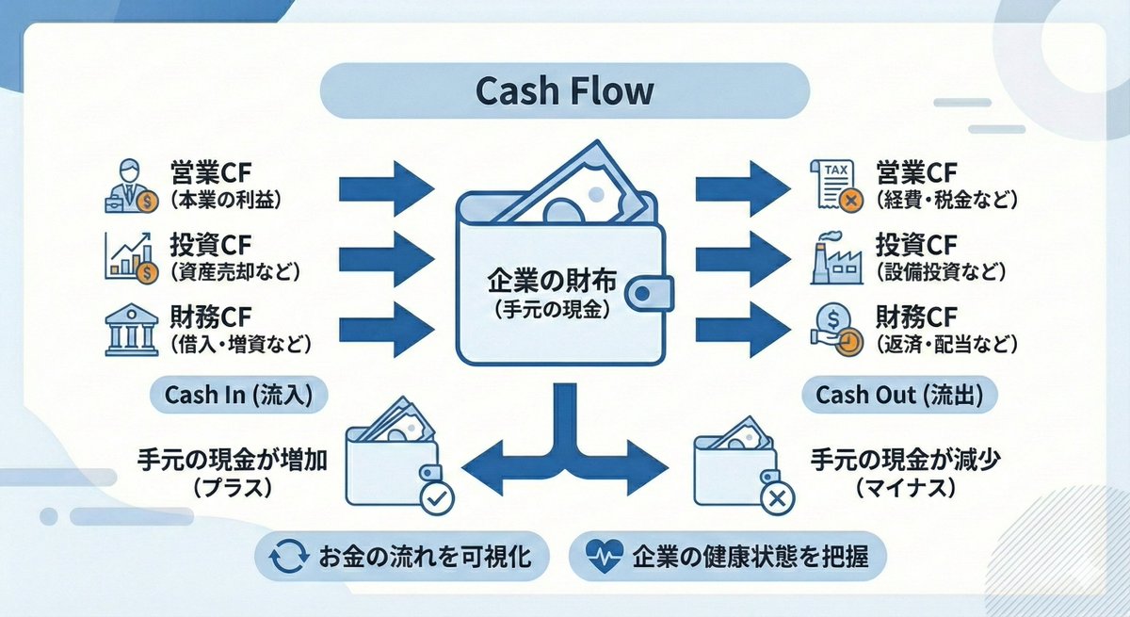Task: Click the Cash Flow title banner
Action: pos(565,92)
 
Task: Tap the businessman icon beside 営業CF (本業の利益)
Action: pos(131,186)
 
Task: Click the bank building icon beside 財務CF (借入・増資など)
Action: pos(130,329)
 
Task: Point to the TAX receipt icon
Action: pos(836,185)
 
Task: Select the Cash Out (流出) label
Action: pos(899,396)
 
